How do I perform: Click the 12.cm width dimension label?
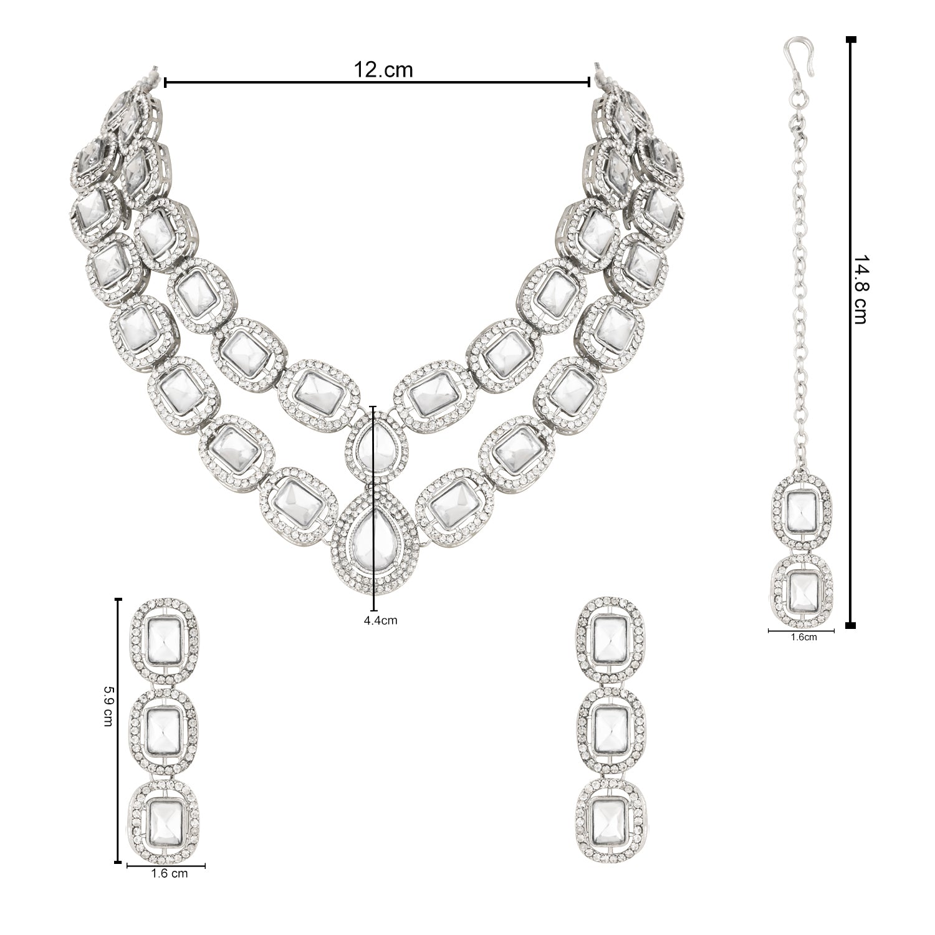pos(383,69)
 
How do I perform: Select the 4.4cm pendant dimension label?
pos(380,620)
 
